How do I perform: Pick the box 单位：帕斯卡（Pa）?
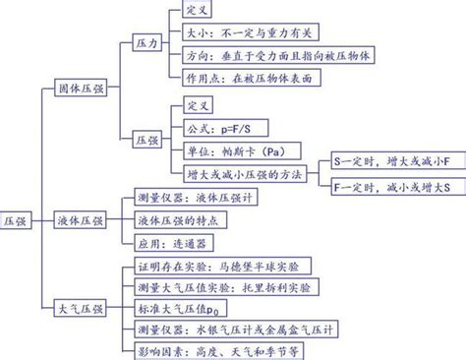click(232, 151)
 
